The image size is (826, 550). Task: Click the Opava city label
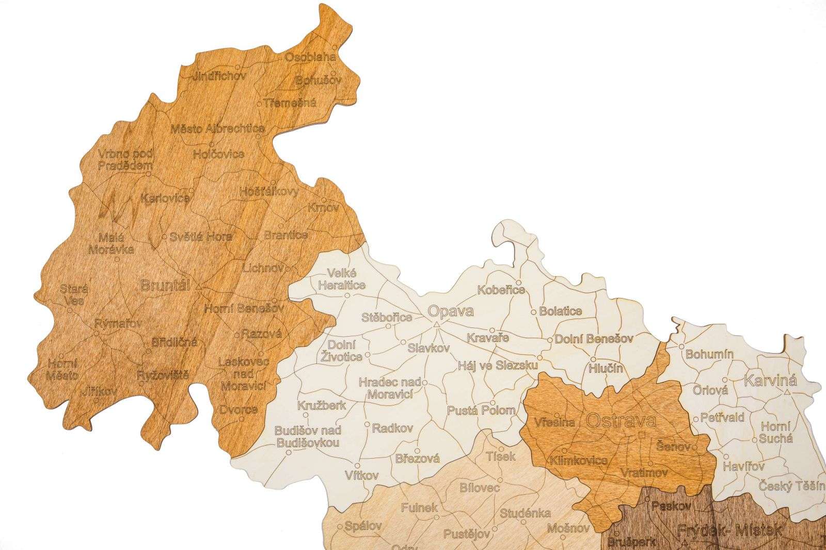tap(451, 311)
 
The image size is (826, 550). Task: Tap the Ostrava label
tap(621, 420)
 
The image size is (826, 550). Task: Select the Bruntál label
tap(165, 285)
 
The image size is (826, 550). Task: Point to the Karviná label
tap(770, 381)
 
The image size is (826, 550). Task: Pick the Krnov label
tap(323, 208)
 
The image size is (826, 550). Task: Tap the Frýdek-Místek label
tap(729, 529)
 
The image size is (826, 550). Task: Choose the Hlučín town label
tap(606, 368)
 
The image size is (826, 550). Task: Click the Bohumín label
tap(710, 355)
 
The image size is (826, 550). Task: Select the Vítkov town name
tap(362, 475)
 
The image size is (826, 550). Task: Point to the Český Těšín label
tap(792, 486)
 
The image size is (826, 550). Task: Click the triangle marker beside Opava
tap(436, 325)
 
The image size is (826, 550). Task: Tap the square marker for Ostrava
tap(642, 435)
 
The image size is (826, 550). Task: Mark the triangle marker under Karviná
tap(786, 392)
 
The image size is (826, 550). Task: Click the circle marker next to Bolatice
tap(534, 312)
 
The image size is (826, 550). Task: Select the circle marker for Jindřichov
tap(237, 67)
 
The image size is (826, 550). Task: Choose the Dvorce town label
tap(237, 410)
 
